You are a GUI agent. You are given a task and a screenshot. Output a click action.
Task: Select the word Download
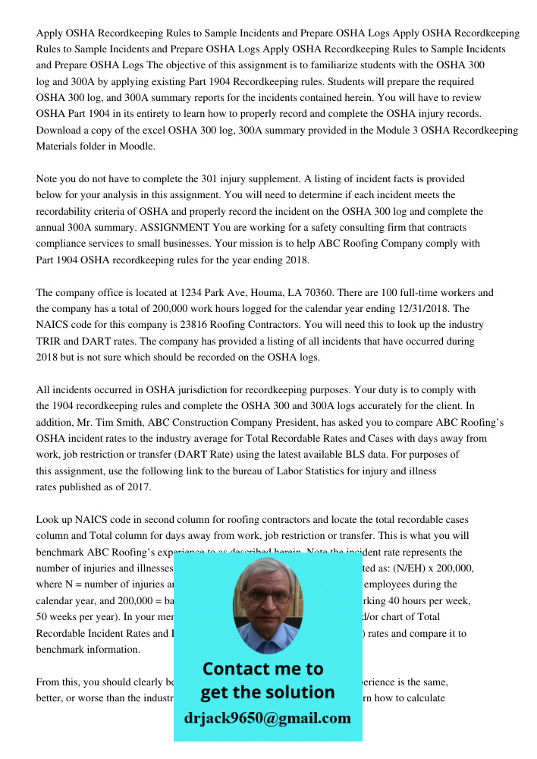click(x=60, y=131)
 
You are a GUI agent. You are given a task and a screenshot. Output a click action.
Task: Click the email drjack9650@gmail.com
click(x=268, y=718)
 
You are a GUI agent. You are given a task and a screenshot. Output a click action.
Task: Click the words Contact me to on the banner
click(x=262, y=669)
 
